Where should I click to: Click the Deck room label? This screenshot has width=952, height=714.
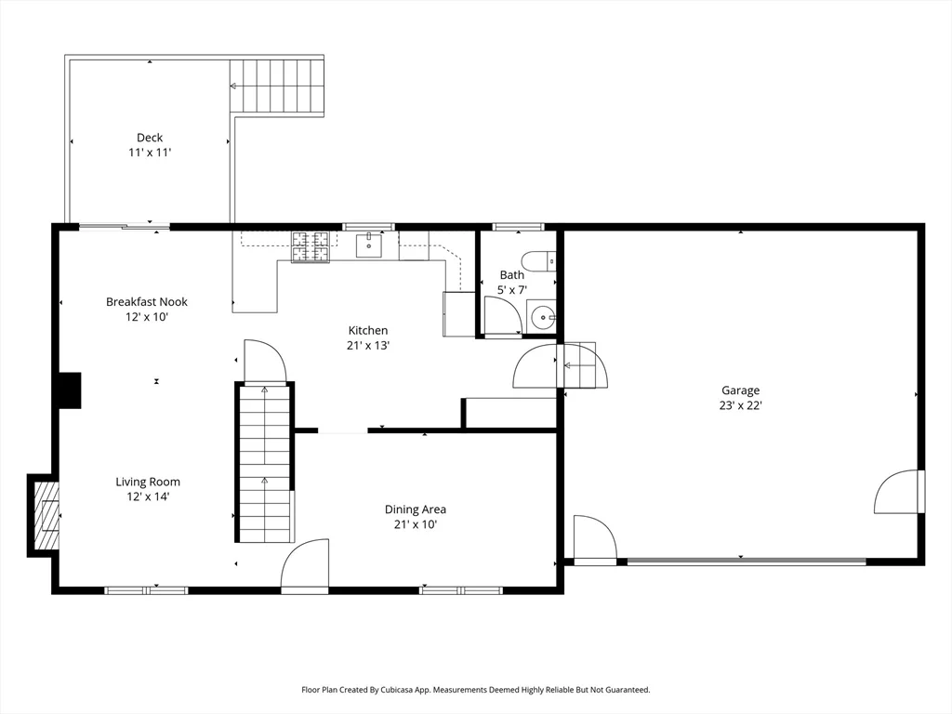point(149,138)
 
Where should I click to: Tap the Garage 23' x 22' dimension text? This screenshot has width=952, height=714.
point(741,405)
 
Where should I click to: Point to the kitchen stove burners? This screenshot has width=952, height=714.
point(311,246)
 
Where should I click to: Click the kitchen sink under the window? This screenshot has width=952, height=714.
point(369,245)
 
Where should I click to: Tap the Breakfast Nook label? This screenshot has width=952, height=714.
point(147,301)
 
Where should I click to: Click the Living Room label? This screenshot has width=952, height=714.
point(148,482)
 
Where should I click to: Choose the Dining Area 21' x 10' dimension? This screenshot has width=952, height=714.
point(415,524)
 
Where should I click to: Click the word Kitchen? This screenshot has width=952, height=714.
point(368,330)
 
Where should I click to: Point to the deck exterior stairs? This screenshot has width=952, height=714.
point(277,86)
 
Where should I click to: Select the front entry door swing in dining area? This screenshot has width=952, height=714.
point(305,565)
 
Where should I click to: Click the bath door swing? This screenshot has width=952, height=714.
point(502,316)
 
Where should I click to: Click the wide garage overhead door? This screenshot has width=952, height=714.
point(746,561)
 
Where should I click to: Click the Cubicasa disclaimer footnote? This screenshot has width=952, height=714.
point(475,690)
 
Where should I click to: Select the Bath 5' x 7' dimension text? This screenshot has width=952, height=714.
point(511,290)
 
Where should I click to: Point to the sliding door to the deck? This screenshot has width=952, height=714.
point(124,225)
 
